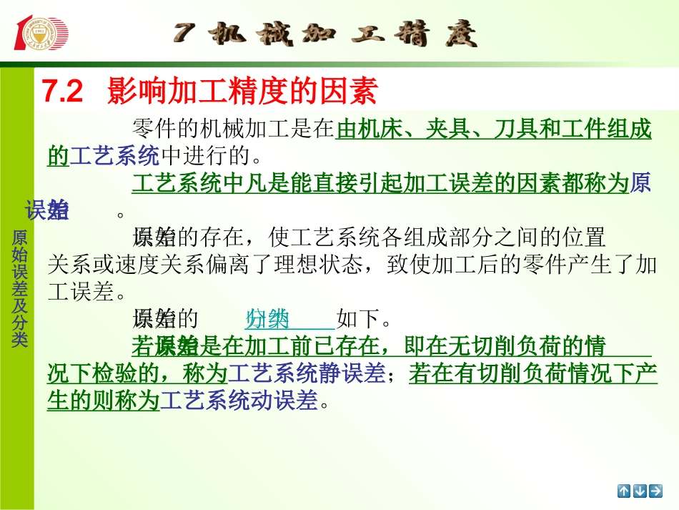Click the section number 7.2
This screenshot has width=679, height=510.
pos(63,91)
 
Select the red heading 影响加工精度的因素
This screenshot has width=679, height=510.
pos(242,91)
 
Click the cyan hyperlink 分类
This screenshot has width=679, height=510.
pos(267,317)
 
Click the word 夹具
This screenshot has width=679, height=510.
pos(450,129)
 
